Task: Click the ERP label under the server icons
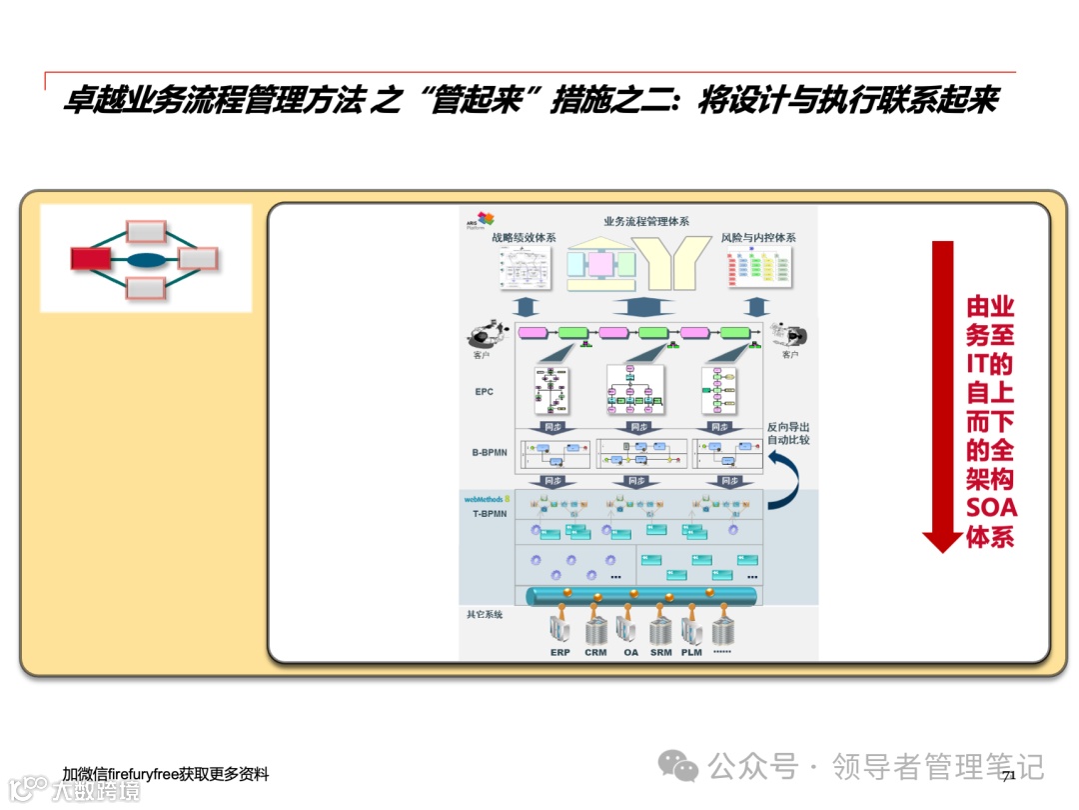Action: tap(559, 653)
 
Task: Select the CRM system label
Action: tap(595, 653)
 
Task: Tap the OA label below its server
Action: tap(630, 653)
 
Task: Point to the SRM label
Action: tap(661, 653)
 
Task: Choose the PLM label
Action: tap(691, 653)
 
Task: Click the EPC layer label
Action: tap(485, 392)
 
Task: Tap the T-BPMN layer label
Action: tap(490, 514)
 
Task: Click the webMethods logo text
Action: tap(484, 498)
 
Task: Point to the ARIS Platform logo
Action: tap(483, 220)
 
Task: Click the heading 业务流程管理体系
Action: tap(646, 221)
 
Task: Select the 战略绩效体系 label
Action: tap(524, 238)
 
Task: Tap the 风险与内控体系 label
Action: tap(758, 238)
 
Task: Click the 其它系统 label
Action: tap(485, 614)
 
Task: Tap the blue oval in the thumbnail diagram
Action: tap(146, 260)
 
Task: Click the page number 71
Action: tap(1008, 775)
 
